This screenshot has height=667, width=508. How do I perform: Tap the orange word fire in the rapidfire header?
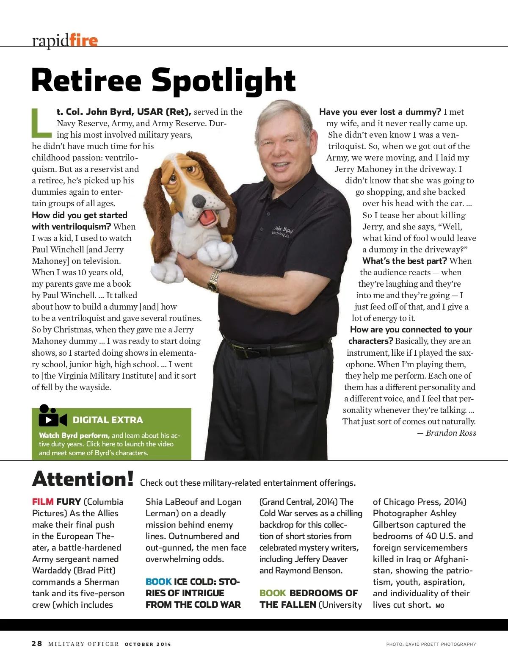[x=83, y=40]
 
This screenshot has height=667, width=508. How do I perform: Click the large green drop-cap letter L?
[x=41, y=123]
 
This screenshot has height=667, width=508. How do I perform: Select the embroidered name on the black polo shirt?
[x=282, y=231]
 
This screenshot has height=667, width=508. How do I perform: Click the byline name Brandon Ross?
[x=450, y=433]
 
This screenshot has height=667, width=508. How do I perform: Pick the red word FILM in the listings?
[x=43, y=502]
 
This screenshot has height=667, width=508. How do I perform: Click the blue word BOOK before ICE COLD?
[x=158, y=582]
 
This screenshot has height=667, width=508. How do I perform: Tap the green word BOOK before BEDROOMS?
[x=273, y=593]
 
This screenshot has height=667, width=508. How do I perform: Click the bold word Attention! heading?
[x=83, y=479]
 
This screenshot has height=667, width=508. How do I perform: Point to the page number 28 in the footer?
[x=37, y=644]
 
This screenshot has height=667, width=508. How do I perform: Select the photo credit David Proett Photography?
[x=440, y=644]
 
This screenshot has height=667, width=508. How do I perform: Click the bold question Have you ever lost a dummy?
[x=380, y=112]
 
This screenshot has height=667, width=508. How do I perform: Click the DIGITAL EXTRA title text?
[x=108, y=420]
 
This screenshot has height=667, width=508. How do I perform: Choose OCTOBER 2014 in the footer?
[x=148, y=644]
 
